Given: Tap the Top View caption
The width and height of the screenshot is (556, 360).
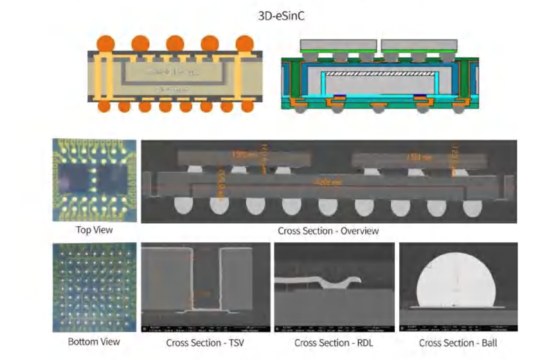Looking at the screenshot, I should (x=94, y=230).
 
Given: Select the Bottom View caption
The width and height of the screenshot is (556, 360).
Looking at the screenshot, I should (x=94, y=341).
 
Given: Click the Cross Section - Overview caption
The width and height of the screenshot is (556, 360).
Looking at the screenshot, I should (x=328, y=230).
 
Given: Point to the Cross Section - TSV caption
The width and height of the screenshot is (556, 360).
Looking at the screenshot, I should (x=205, y=342).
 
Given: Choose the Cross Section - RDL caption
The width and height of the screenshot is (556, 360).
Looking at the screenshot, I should (x=332, y=342).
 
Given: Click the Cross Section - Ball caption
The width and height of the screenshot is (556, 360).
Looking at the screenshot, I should (x=458, y=342).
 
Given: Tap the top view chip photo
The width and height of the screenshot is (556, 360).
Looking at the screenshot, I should (x=94, y=180).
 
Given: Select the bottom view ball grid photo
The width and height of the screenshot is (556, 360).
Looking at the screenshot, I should (x=94, y=286).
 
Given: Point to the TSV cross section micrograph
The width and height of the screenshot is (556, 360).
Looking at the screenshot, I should (x=205, y=286).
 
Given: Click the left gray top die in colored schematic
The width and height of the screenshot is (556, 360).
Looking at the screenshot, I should (x=339, y=45).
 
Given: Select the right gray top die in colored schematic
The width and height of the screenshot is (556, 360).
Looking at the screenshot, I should (x=420, y=45).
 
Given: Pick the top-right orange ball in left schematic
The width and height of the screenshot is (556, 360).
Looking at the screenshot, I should (x=244, y=44).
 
